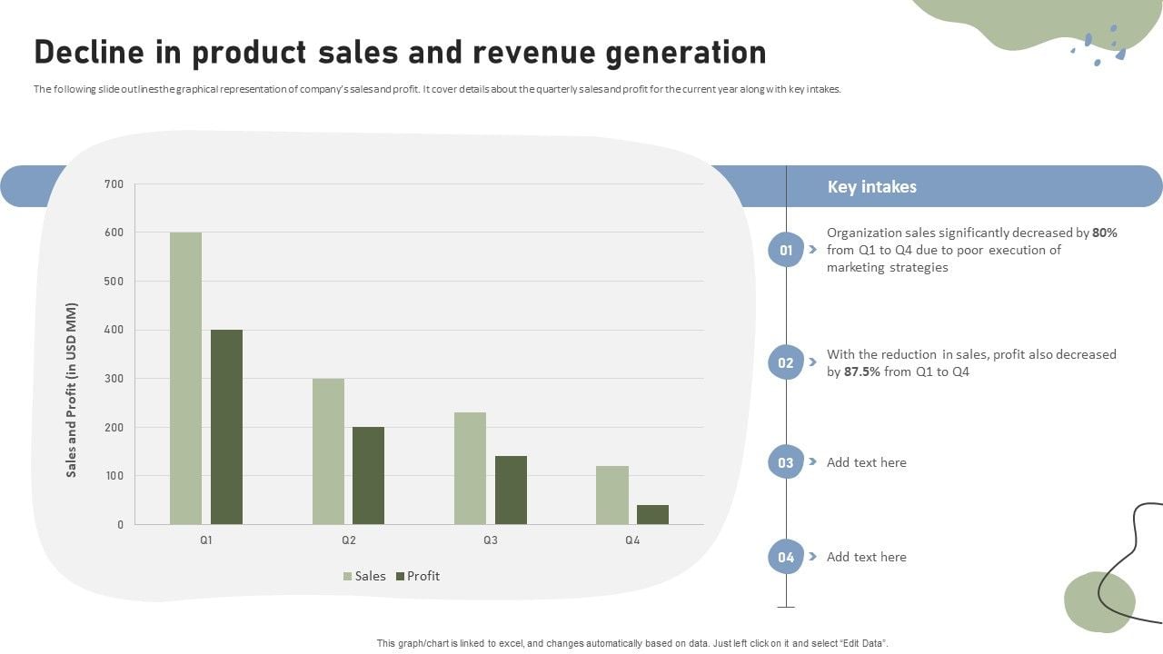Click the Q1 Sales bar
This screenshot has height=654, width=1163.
click(185, 378)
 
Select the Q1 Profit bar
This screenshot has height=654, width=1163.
click(226, 427)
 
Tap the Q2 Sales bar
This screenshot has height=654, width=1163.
click(328, 451)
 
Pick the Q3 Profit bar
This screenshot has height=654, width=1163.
click(511, 490)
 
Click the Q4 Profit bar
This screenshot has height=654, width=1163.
click(652, 514)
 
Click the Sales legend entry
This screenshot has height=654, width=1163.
click(364, 576)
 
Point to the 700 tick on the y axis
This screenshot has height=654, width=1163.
click(114, 184)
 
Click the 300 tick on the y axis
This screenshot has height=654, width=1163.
click(114, 379)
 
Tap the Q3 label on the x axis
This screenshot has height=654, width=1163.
click(491, 540)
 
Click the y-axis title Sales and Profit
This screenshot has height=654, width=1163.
click(72, 390)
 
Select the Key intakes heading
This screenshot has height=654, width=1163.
click(871, 187)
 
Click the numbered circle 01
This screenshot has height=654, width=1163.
click(786, 250)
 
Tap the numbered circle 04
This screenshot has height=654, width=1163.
click(786, 557)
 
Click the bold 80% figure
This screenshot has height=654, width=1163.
click(1105, 233)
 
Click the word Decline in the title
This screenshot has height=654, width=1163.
click(87, 53)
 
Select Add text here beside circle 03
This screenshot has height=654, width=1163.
click(866, 462)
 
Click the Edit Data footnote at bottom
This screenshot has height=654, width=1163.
click(631, 643)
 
